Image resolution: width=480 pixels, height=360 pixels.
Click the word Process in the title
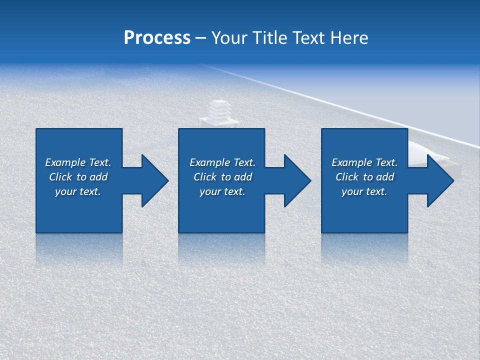tap(157, 38)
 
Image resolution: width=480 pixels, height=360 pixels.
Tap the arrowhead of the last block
tap(439, 180)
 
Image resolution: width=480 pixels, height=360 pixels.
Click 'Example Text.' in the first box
tap(78, 162)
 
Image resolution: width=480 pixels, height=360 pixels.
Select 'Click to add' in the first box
tap(78, 177)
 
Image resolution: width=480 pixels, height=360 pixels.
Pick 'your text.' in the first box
tap(78, 191)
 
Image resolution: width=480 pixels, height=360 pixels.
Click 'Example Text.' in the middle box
tap(222, 162)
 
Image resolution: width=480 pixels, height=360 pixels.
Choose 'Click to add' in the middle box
tap(222, 177)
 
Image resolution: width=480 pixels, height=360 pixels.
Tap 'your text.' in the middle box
tap(222, 191)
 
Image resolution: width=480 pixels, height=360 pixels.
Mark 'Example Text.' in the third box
tap(364, 162)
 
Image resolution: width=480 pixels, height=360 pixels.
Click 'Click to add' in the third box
tap(364, 177)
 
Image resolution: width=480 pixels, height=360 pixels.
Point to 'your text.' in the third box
tap(364, 191)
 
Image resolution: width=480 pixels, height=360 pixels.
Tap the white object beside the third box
tap(428, 149)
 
